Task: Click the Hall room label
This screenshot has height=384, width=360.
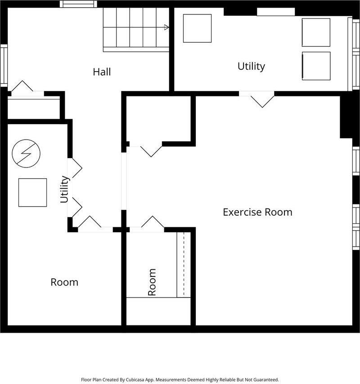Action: (x=102, y=72)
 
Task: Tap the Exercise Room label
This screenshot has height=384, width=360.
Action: (x=257, y=212)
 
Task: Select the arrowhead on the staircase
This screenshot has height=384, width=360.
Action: (x=166, y=27)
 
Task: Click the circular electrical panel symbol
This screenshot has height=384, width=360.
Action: (x=26, y=154)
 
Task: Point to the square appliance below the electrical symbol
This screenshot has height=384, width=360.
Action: (x=32, y=193)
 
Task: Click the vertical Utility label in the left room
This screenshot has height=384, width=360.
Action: (x=65, y=190)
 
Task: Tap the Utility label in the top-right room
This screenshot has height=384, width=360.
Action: (x=251, y=66)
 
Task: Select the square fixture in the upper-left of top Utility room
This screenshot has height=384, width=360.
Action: (x=197, y=28)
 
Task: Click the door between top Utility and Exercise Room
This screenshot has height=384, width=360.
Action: (x=256, y=99)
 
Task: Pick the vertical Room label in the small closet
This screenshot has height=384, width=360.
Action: (x=152, y=282)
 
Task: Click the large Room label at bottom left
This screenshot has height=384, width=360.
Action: (x=64, y=282)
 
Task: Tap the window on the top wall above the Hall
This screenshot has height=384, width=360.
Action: (x=78, y=4)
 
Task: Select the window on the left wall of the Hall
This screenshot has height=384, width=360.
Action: (x=4, y=65)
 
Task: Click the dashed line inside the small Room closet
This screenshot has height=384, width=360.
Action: (x=184, y=264)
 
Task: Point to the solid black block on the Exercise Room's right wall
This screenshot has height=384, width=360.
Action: (x=346, y=117)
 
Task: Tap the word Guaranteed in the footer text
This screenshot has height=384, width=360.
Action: (x=266, y=379)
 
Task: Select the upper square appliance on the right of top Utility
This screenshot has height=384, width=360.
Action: (x=316, y=32)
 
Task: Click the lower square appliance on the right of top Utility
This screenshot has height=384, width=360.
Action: (x=316, y=66)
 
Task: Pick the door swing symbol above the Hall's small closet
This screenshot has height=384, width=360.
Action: (x=22, y=86)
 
